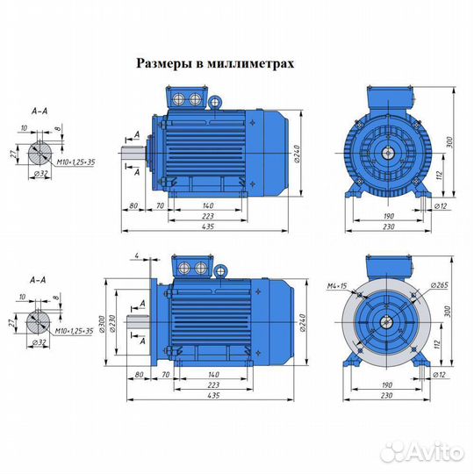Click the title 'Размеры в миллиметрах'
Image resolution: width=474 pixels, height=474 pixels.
click(x=214, y=64)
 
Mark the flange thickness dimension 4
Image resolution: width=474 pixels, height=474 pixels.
click(x=138, y=255)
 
